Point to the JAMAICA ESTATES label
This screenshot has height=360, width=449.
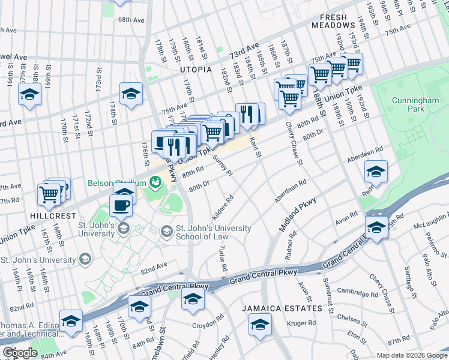282,308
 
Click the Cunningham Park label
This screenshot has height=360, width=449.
408,104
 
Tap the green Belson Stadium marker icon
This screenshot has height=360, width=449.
155,180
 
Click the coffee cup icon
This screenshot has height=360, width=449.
121,206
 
